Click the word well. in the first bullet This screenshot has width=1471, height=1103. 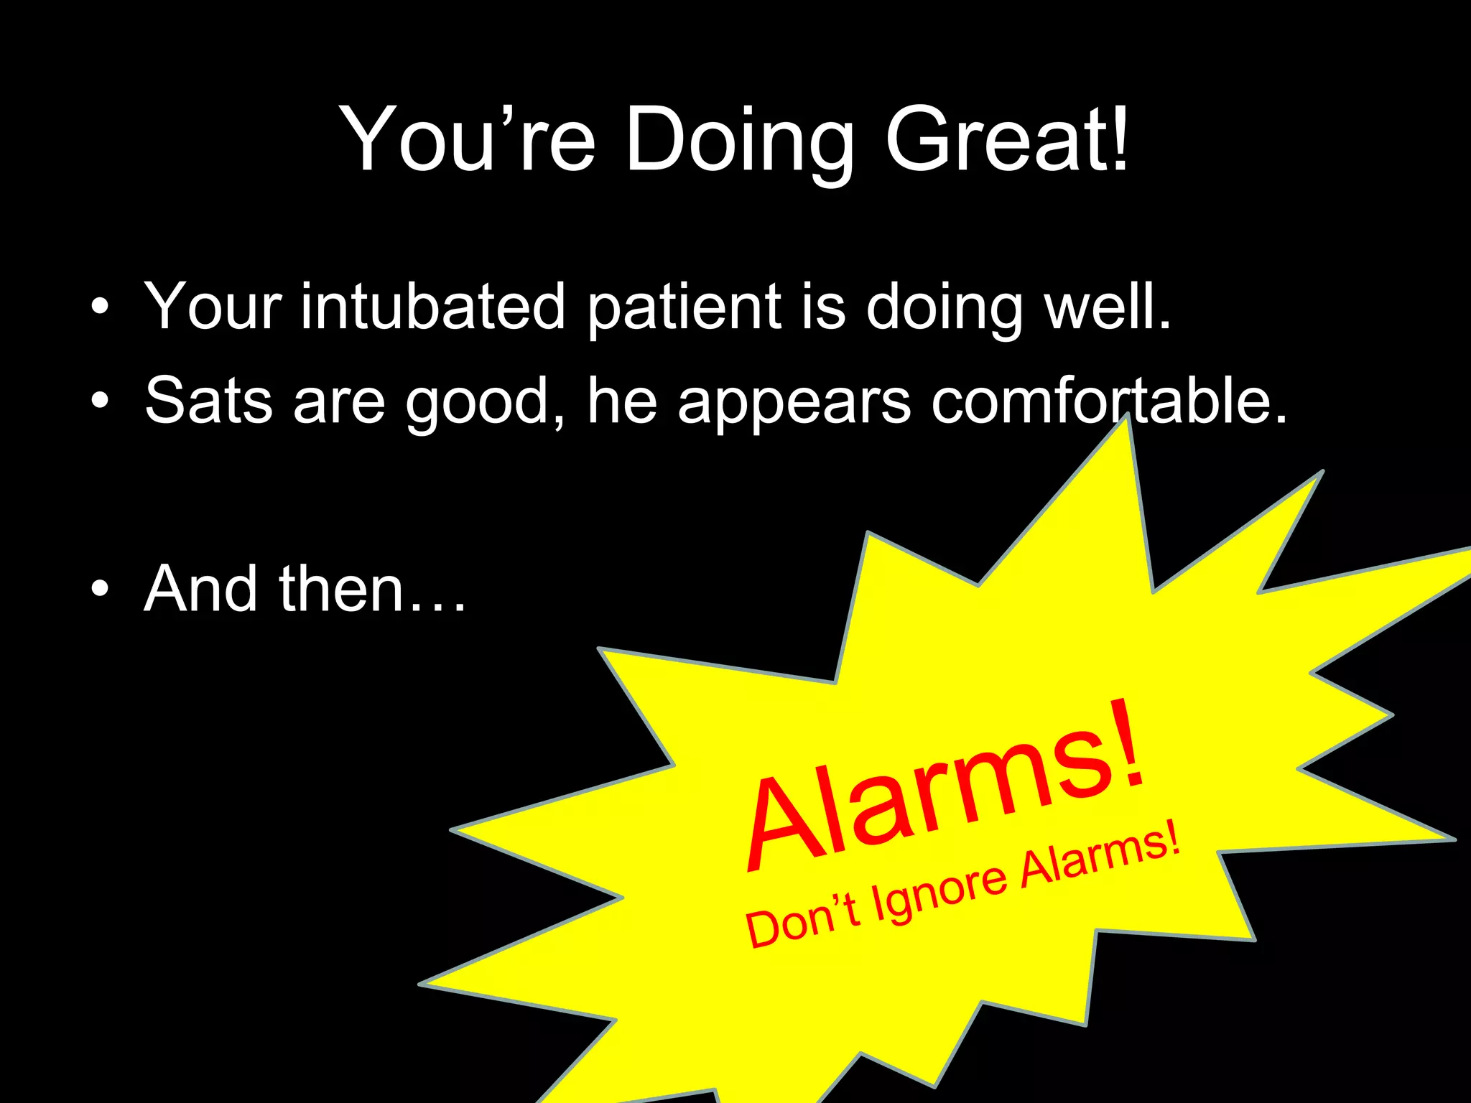click(1107, 307)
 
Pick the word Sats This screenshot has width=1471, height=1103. click(208, 401)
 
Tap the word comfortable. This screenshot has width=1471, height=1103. click(1109, 401)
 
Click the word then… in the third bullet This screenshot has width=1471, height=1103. click(373, 589)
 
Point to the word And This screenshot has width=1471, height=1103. click(200, 589)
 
